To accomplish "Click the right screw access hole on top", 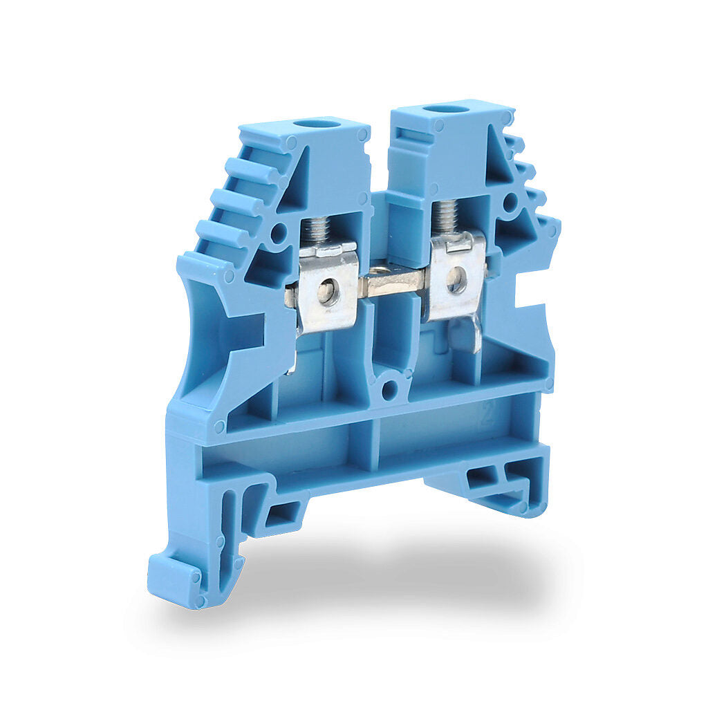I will (x=445, y=109).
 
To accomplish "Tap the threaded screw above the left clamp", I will (x=317, y=230).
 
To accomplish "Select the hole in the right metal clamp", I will (x=456, y=279).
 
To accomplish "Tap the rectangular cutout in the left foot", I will (x=282, y=513).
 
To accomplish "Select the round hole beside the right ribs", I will (x=510, y=202).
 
